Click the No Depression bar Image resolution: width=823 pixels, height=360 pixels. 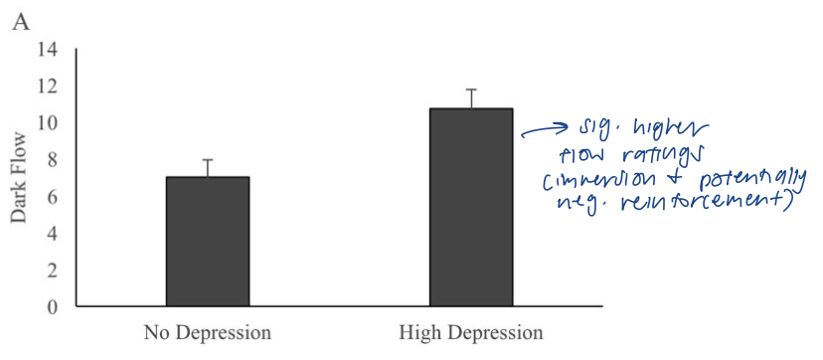(207, 241)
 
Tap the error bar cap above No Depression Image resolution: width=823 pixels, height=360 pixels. (207, 160)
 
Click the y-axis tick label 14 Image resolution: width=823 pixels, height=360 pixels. (48, 50)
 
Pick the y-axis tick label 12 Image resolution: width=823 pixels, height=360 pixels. (48, 87)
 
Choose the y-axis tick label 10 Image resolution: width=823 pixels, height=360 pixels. (48, 123)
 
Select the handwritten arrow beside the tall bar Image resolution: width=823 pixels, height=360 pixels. (543, 131)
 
